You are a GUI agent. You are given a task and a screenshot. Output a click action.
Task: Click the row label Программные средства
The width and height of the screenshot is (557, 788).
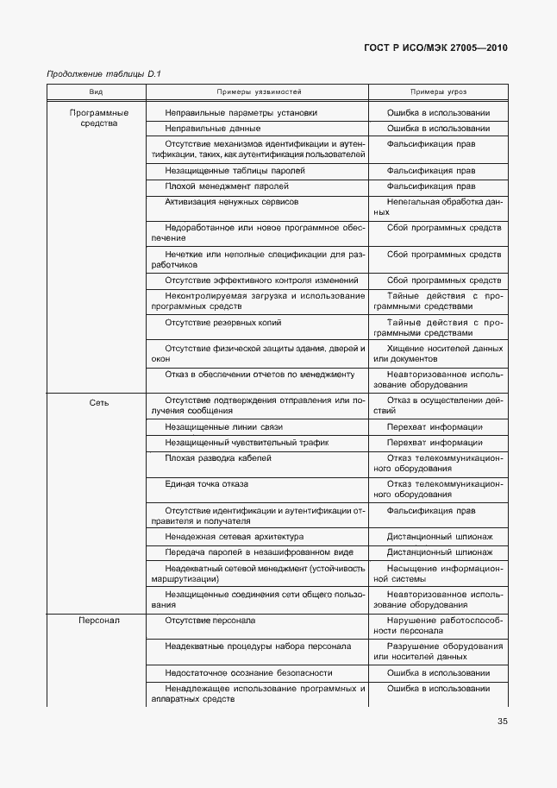[x=99, y=117]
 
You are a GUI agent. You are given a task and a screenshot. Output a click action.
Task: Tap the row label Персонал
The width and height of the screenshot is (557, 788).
[x=99, y=621]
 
